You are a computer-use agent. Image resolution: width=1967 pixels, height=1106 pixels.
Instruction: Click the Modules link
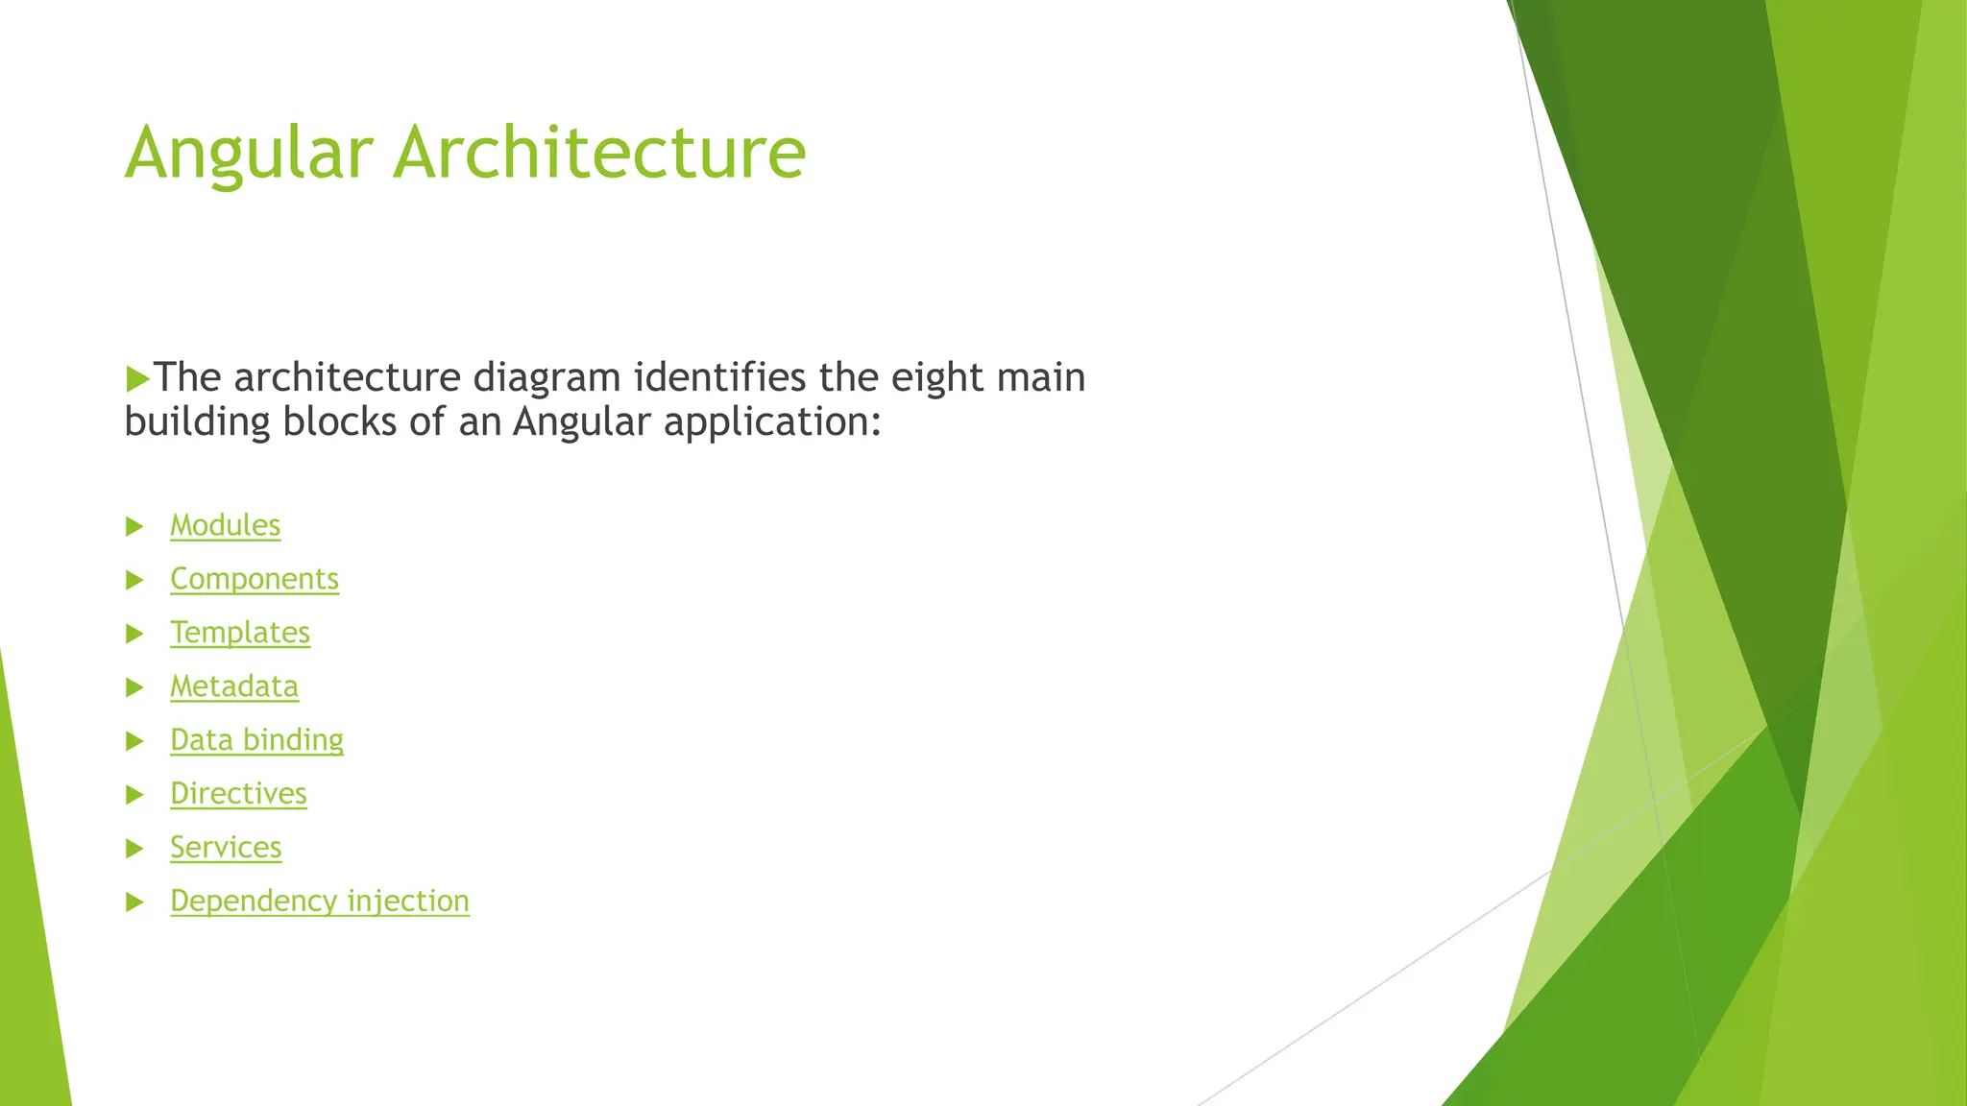click(x=225, y=525)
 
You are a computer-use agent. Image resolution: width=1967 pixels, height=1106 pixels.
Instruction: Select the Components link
click(x=255, y=579)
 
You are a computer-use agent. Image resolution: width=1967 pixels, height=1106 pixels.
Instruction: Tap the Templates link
click(x=240, y=633)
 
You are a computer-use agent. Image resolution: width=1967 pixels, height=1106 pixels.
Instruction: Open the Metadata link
click(x=234, y=686)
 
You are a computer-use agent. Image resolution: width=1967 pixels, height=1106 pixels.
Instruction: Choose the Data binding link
click(x=256, y=739)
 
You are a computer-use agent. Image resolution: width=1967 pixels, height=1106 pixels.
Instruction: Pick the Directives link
click(x=238, y=793)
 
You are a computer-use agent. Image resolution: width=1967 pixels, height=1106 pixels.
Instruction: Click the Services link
click(x=226, y=847)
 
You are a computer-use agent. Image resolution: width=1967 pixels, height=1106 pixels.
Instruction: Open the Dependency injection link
click(x=320, y=901)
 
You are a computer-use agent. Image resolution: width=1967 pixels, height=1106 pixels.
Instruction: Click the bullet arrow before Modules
click(x=134, y=526)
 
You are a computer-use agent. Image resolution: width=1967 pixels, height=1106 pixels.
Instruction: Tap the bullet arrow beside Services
click(x=134, y=849)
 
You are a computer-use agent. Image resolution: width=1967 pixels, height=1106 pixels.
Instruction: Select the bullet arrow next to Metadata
click(x=134, y=687)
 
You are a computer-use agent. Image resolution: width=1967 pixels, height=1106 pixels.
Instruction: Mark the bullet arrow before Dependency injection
click(x=134, y=902)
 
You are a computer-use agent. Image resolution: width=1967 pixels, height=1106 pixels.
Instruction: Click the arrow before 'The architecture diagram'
click(x=137, y=378)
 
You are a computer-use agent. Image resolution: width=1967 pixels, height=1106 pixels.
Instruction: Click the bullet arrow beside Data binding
click(x=134, y=741)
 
